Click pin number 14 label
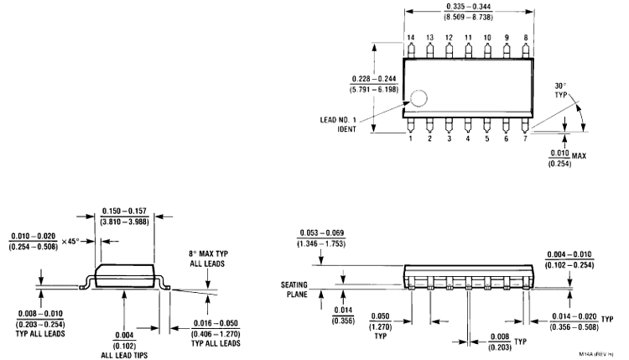411,38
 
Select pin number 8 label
525,38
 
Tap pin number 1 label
411,138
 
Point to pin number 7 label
525,138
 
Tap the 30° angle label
561,87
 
